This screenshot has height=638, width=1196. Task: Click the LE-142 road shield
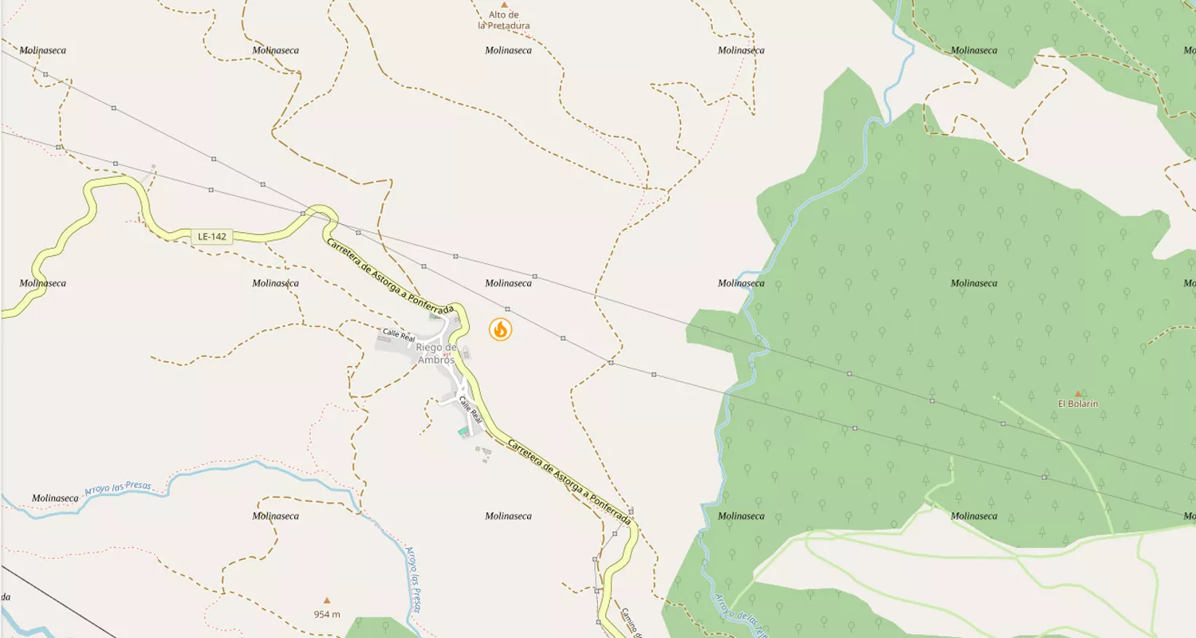(x=213, y=236)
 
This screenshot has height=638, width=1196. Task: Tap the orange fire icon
(x=500, y=329)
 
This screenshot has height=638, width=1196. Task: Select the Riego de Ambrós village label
(x=435, y=353)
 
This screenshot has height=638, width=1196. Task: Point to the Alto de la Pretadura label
(x=504, y=20)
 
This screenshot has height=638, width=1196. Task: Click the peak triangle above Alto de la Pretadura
(x=504, y=5)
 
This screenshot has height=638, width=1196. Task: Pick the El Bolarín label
(x=1078, y=404)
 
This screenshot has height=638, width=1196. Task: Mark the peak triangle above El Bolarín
(x=1078, y=393)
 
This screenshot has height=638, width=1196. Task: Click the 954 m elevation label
(x=327, y=614)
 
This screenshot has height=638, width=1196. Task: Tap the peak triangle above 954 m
(x=326, y=601)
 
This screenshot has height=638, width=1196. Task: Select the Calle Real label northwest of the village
(x=399, y=334)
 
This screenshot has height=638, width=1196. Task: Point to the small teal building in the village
(x=463, y=432)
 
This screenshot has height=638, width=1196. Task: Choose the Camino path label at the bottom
(x=630, y=622)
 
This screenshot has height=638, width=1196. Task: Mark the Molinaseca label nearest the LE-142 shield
(x=275, y=283)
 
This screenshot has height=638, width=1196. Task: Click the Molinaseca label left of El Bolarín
(x=974, y=283)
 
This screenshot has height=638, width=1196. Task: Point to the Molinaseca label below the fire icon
(x=508, y=516)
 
